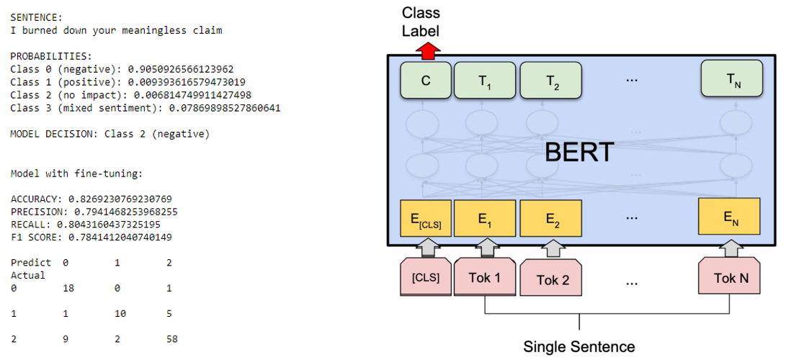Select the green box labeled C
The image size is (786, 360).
click(x=425, y=80)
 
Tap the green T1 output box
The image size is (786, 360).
click(x=484, y=80)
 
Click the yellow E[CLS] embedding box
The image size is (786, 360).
click(x=426, y=218)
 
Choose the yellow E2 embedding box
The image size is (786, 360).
click(x=551, y=218)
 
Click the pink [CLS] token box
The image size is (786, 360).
click(x=426, y=276)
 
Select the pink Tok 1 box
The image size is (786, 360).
click(x=485, y=276)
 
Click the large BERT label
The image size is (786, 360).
click(x=579, y=151)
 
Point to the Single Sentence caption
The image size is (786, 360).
click(x=579, y=346)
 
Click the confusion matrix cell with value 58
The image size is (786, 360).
click(x=171, y=340)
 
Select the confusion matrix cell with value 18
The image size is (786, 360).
click(x=68, y=288)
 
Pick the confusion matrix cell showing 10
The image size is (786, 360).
click(x=120, y=314)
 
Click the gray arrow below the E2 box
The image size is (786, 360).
click(x=551, y=248)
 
